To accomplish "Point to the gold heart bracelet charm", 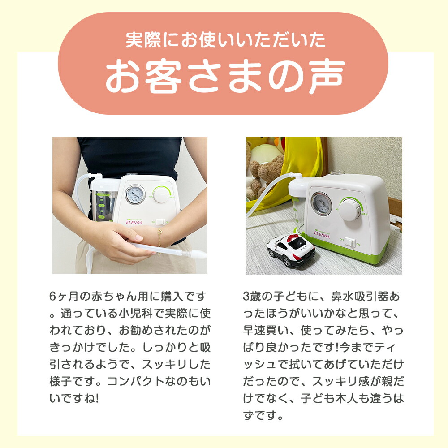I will point(159,233).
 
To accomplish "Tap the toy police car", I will point(291,251).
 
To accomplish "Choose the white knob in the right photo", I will point(350,208).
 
